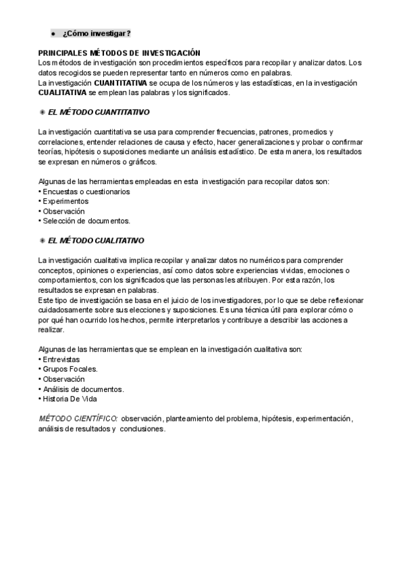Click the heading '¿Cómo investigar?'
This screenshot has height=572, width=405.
96,34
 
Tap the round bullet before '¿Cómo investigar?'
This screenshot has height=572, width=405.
53,34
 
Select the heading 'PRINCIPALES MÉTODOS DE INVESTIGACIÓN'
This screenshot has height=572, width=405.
120,53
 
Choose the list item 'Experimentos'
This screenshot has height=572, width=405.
65,201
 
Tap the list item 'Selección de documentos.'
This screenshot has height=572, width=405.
86,221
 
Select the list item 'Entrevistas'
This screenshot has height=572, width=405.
61,360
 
